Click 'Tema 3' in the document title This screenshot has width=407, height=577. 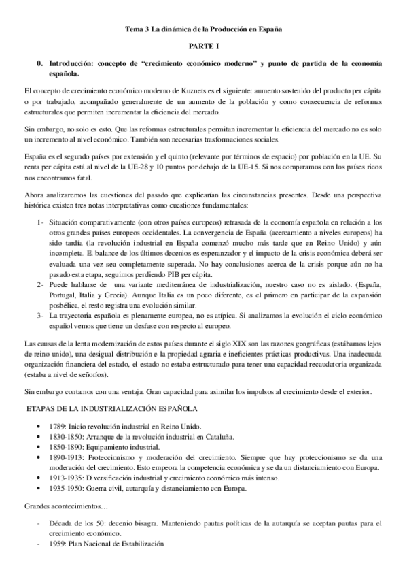pos(135,30)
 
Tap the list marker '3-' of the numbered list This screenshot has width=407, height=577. pos(39,315)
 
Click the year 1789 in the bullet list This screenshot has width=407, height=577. pos(58,425)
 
